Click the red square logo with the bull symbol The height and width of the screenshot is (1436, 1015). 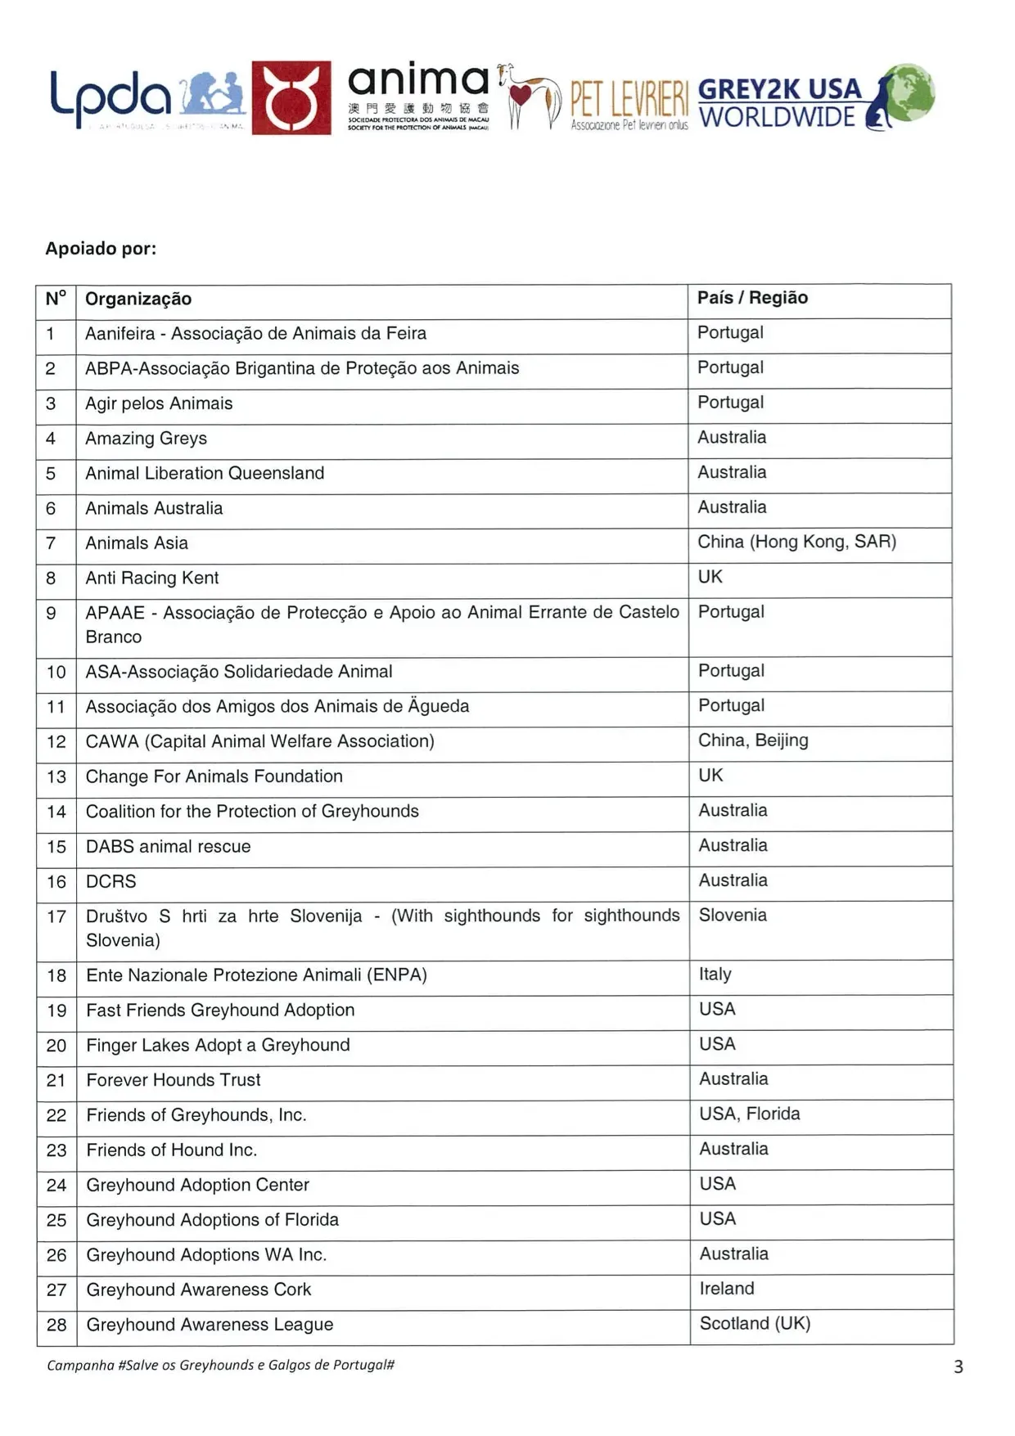[x=291, y=97]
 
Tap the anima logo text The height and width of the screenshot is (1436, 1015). [x=418, y=81]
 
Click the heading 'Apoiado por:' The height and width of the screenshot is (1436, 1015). [x=101, y=249]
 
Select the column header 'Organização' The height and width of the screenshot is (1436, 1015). [x=138, y=299]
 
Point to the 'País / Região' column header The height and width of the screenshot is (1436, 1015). [x=752, y=298]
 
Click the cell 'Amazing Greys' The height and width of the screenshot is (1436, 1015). [x=147, y=439]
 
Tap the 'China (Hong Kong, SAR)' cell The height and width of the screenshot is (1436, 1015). [x=796, y=542]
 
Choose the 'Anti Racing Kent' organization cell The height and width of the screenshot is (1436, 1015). [x=152, y=578]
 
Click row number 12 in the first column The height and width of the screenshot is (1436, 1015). [x=56, y=742]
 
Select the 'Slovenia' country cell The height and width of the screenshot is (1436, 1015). [x=733, y=916]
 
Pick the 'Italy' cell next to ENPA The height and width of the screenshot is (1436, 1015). [x=715, y=975]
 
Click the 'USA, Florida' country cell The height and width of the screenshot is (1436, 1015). [x=749, y=1114]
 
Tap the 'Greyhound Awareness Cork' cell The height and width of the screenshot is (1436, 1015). [x=199, y=1290]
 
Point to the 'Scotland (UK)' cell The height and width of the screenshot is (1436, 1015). [x=755, y=1324]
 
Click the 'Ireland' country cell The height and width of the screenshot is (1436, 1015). [x=726, y=1289]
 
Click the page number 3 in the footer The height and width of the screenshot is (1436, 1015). [x=959, y=1367]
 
